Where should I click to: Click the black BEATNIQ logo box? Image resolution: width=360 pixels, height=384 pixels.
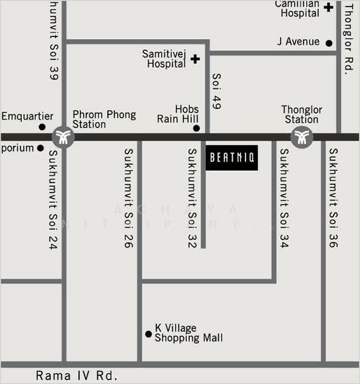pos(231,157)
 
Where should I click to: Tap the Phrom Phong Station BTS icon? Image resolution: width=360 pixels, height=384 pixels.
pos(63,136)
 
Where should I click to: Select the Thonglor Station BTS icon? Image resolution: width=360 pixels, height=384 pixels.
pos(301,136)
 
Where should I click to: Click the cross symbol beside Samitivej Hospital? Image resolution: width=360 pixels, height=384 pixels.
pos(195,59)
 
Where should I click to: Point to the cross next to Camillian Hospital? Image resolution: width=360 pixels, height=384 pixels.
pos(328,8)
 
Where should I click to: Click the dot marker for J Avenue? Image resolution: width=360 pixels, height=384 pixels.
pos(329,43)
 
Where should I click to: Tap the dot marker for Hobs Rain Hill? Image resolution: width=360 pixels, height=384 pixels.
pos(196,128)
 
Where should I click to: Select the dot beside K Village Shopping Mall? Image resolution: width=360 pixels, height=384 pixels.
pos(148,333)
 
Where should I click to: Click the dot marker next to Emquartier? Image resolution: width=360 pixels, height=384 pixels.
pos(42,127)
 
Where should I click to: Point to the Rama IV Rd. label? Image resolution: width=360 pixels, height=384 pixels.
pos(77,376)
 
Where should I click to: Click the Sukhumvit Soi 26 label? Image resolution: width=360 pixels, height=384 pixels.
pos(129,198)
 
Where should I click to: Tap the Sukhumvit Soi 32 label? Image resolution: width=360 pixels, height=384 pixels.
pos(192,198)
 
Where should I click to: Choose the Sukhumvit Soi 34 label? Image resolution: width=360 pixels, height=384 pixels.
pos(284,198)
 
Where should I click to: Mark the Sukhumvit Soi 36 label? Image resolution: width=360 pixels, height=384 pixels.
pos(333,198)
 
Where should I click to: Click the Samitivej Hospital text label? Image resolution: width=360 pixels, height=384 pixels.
pos(165,59)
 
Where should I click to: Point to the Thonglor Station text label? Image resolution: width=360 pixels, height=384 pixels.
pos(302,115)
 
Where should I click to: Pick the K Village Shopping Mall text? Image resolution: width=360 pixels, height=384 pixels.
pos(189,333)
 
